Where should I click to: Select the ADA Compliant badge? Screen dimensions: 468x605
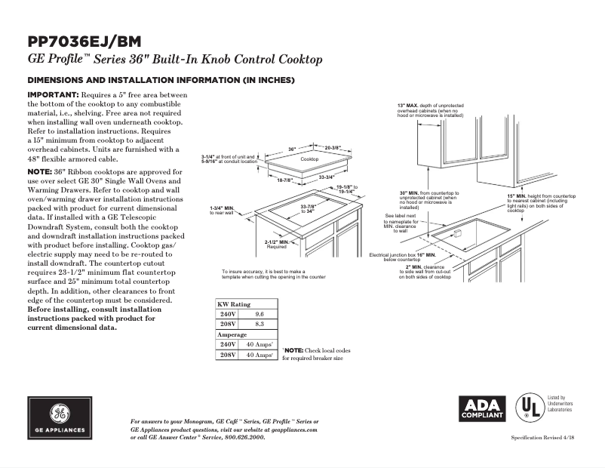481,408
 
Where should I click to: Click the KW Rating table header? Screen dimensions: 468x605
235,303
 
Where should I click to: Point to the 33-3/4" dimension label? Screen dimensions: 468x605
328,177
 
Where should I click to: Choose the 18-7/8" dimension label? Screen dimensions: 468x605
284,180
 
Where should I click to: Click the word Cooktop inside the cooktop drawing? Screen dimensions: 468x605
309,160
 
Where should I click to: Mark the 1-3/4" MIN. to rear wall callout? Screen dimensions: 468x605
224,210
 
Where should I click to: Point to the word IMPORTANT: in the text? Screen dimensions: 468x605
53,94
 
